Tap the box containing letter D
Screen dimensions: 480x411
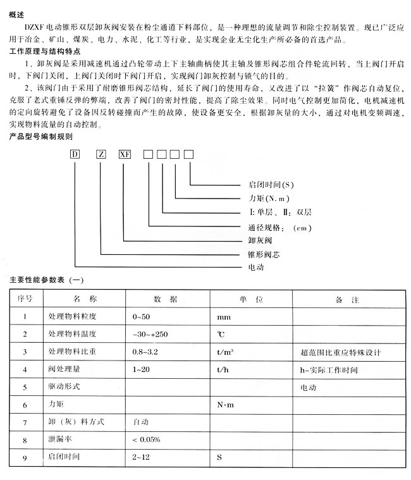pos(75,153)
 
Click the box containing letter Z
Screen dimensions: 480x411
pos(101,153)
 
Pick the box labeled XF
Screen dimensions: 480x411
pos(125,153)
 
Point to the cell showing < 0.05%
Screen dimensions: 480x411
pos(146,439)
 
